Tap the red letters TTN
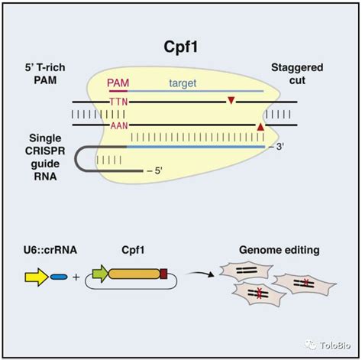[x=119, y=101]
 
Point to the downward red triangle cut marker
[x=231, y=101]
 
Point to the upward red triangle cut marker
[x=261, y=125]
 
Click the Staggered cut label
[x=297, y=76]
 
